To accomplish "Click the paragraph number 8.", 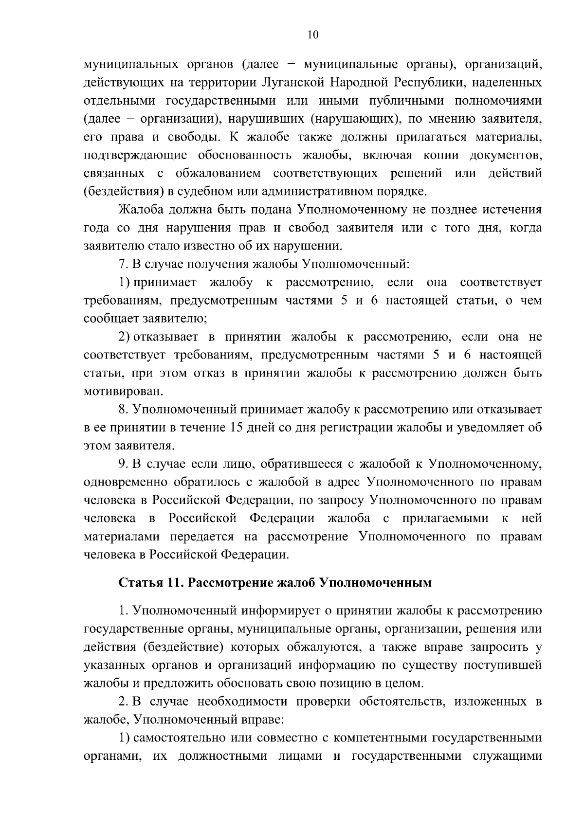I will click(x=123, y=410).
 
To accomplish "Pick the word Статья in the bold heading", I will click(x=139, y=582).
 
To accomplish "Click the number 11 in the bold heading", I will click(x=173, y=582).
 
